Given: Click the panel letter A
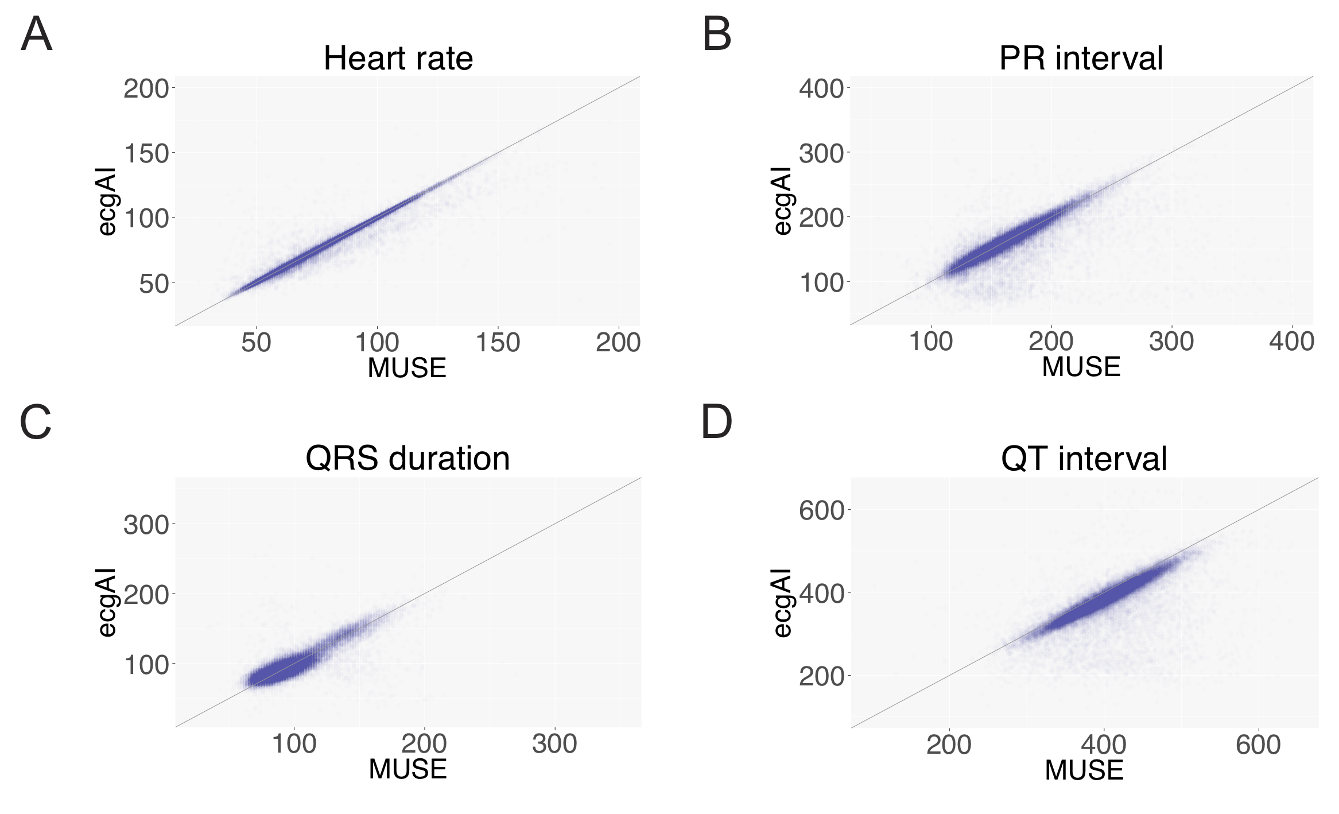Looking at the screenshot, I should (x=36, y=35).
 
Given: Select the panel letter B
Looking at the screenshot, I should (x=717, y=35).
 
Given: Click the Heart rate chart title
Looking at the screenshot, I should (x=398, y=59).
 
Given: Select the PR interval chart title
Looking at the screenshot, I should (x=1081, y=59).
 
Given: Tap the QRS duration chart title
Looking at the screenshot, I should (x=407, y=459).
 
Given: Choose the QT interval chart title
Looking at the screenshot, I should (x=1084, y=459).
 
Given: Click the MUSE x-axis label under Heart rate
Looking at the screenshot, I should (x=407, y=368).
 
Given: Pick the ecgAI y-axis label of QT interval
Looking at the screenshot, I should (x=782, y=603).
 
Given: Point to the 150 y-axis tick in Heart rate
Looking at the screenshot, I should (x=146, y=154).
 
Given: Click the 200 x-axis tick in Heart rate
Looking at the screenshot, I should (x=618, y=343).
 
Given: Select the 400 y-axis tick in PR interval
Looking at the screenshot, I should (x=821, y=89).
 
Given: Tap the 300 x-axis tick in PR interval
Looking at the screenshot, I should (x=1171, y=342).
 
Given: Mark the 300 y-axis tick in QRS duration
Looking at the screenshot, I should (x=146, y=525).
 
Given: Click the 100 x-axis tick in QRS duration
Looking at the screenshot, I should (x=294, y=744).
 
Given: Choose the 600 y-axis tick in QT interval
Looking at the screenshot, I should (x=821, y=510).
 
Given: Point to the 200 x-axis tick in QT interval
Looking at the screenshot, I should (x=949, y=745).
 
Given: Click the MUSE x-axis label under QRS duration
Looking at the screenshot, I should (x=407, y=769).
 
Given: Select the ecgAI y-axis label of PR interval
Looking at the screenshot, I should (x=782, y=201).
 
